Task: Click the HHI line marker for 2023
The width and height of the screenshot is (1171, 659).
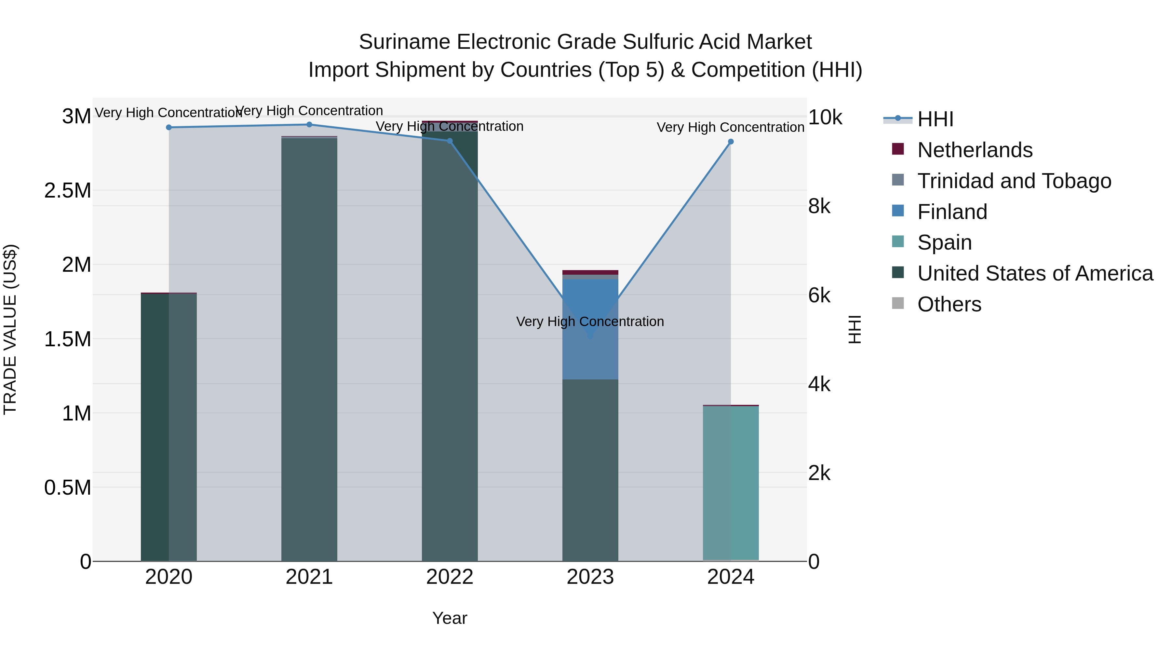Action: pyautogui.click(x=590, y=336)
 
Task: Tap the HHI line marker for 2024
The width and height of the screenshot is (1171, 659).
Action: pyautogui.click(x=731, y=142)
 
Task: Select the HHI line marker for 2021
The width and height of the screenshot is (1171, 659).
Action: pyautogui.click(x=309, y=125)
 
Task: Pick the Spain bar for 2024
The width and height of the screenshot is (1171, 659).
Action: pyautogui.click(x=731, y=482)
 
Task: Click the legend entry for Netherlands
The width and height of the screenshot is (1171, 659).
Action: pyautogui.click(x=974, y=150)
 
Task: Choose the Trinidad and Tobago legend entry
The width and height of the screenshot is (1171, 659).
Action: pyautogui.click(x=1014, y=181)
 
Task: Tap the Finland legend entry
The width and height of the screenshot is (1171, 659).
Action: pyautogui.click(x=952, y=212)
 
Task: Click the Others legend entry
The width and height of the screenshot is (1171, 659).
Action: pyautogui.click(x=949, y=304)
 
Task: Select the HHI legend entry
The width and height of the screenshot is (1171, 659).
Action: pyautogui.click(x=935, y=119)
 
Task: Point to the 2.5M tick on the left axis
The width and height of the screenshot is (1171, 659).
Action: pyautogui.click(x=68, y=191)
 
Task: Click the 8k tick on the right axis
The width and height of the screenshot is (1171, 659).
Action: pyautogui.click(x=819, y=206)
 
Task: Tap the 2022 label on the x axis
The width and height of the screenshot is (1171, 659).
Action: pyautogui.click(x=450, y=577)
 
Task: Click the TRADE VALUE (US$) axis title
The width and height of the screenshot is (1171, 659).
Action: pyautogui.click(x=10, y=329)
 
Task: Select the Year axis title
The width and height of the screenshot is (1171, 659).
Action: pyautogui.click(x=450, y=618)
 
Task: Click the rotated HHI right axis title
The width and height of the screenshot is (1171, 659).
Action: pyautogui.click(x=855, y=329)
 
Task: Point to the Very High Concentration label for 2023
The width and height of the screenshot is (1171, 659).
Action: pyautogui.click(x=590, y=322)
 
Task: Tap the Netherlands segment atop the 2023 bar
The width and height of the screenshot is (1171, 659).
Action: pyautogui.click(x=590, y=272)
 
